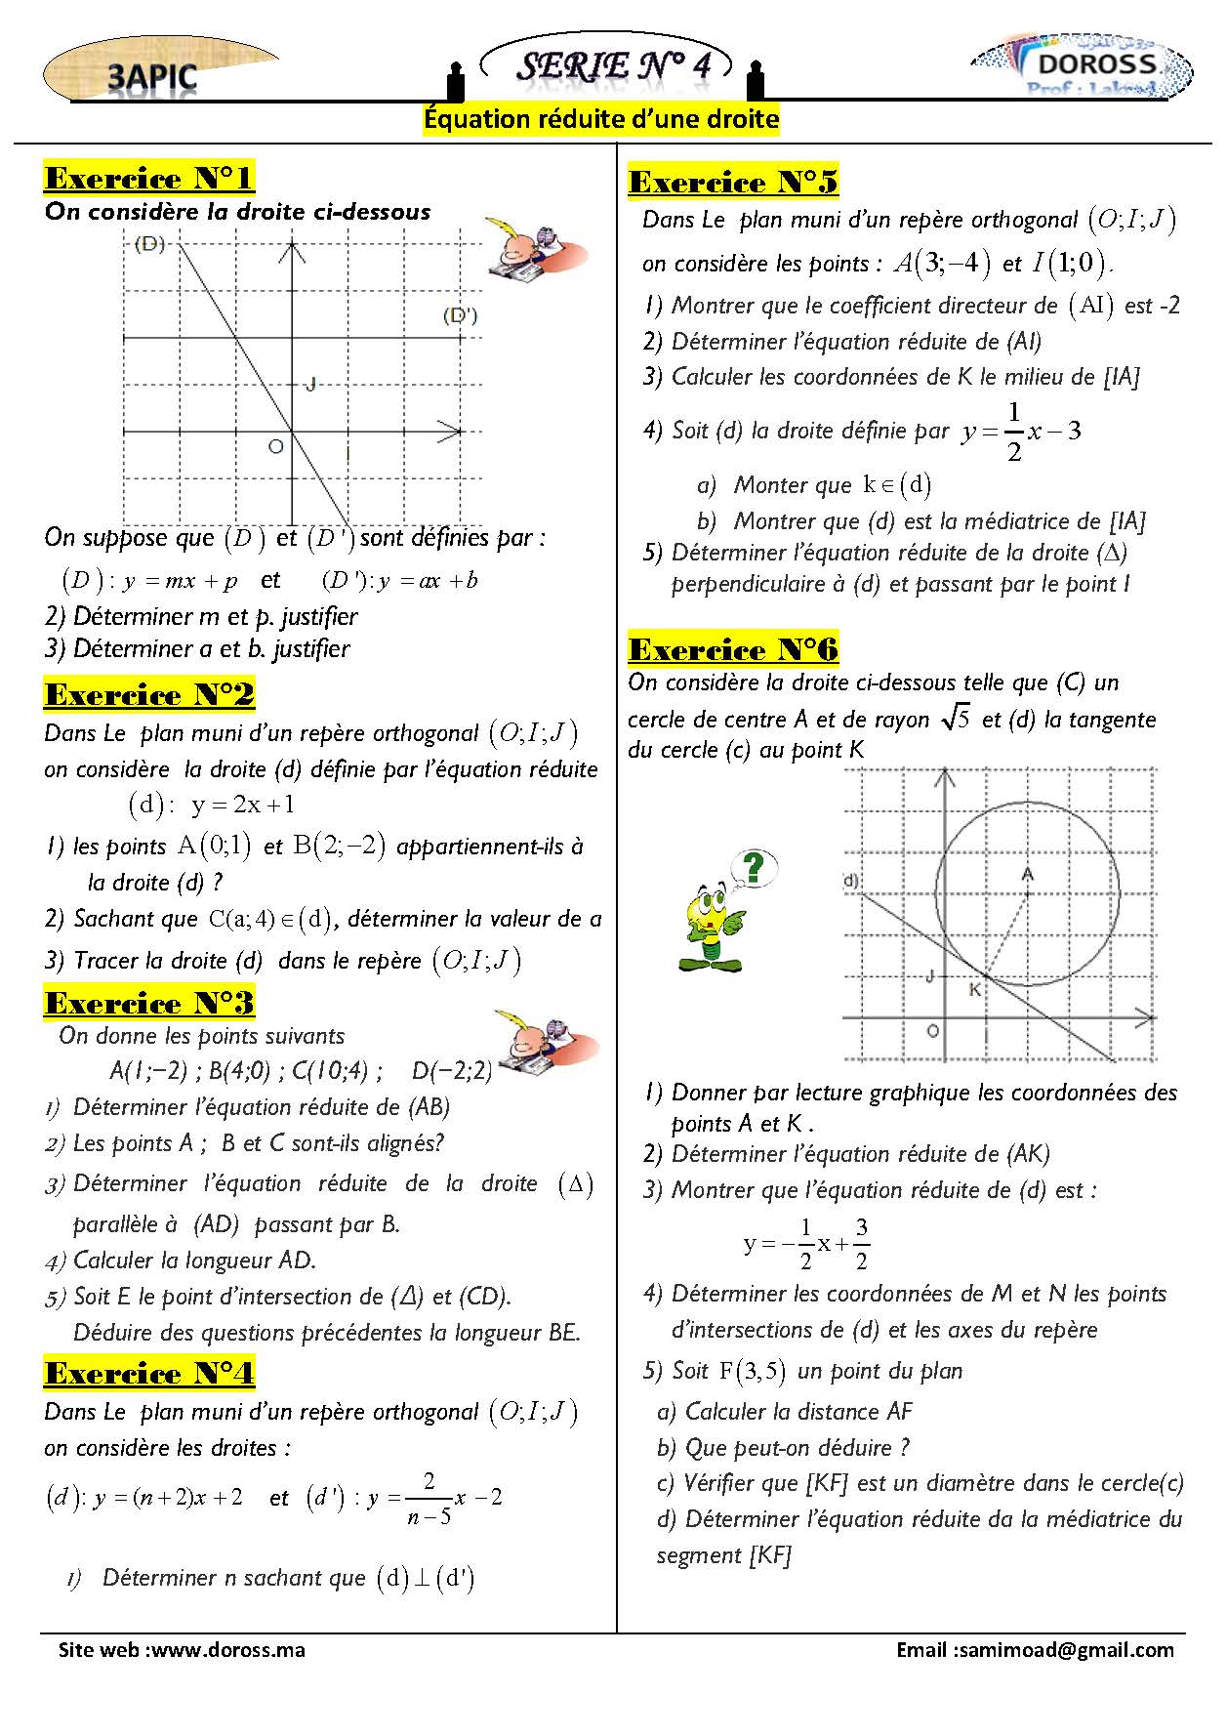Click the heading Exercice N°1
(149, 179)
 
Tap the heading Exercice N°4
(149, 1374)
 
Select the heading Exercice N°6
(733, 650)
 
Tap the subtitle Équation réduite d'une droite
(601, 119)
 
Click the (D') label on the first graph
(460, 315)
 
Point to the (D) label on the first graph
(149, 243)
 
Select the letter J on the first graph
(310, 384)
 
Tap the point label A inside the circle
(1027, 874)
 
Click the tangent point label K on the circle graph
(974, 990)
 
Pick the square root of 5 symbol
(956, 720)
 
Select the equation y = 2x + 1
(243, 805)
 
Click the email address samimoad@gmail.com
(1066, 1650)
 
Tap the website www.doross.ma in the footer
(228, 1650)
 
